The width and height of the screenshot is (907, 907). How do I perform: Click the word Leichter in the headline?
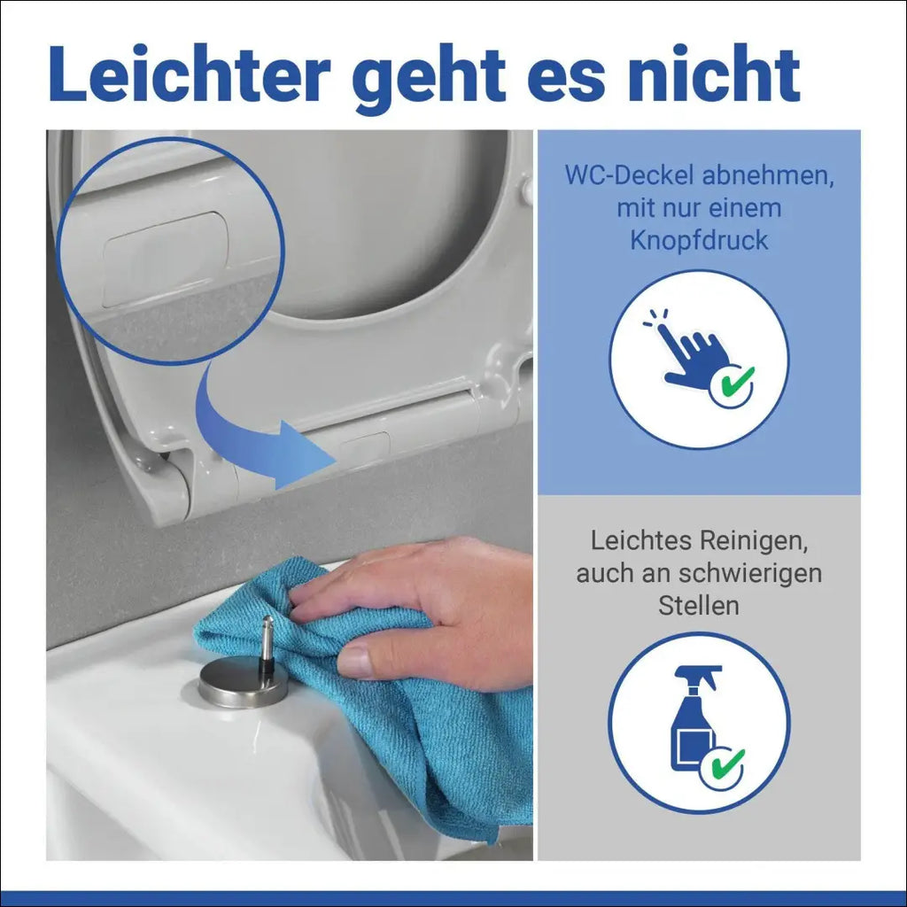click(x=190, y=74)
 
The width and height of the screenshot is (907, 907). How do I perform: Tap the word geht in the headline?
click(x=429, y=79)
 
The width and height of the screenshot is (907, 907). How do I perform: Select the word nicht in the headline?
click(x=714, y=74)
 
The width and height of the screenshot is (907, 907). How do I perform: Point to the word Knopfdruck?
click(x=700, y=241)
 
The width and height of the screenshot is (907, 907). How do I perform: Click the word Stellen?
click(x=699, y=606)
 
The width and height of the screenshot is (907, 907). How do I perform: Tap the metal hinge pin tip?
click(x=267, y=620)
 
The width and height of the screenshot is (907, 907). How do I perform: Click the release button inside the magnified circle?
click(x=166, y=260)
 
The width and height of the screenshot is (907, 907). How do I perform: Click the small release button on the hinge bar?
click(x=364, y=447)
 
